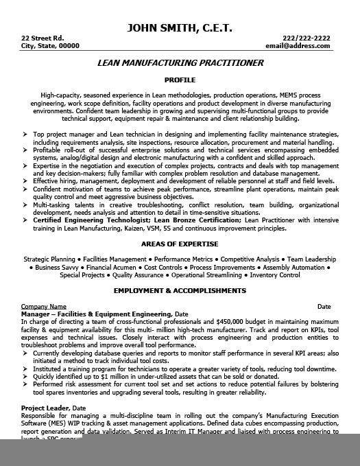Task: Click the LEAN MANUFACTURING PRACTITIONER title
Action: click(180, 62)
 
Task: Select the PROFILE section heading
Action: click(180, 80)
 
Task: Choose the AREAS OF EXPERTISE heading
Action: click(180, 244)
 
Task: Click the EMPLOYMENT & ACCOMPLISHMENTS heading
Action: click(180, 290)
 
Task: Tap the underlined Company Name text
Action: click(44, 306)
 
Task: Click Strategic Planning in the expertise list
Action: click(49, 259)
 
